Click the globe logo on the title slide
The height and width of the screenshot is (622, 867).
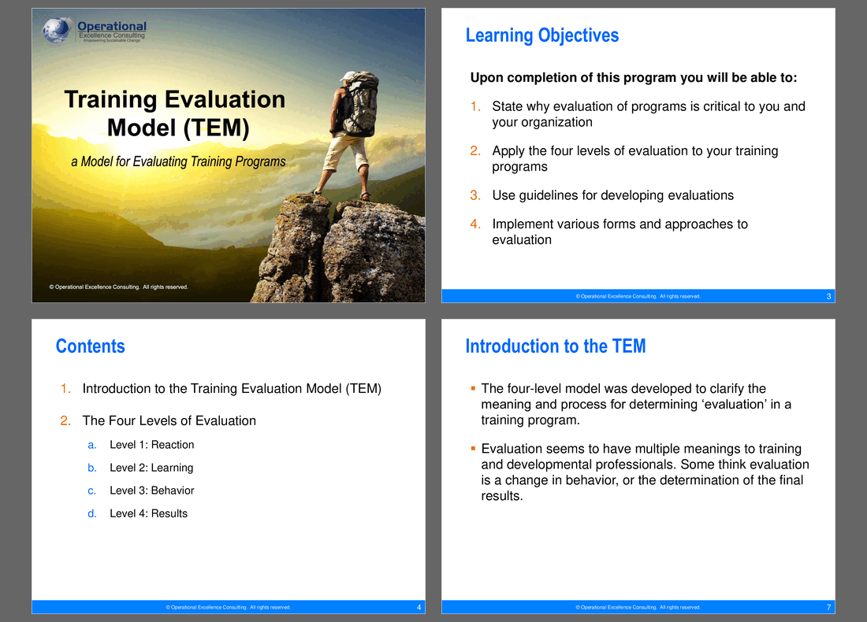(57, 30)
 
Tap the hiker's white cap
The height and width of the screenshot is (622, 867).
(348, 76)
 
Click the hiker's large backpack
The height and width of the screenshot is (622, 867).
(360, 104)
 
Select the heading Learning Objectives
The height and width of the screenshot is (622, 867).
(542, 35)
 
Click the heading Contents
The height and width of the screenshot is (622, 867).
(90, 346)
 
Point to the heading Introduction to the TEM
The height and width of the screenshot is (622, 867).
(555, 346)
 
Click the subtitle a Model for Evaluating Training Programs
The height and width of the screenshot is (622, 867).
(178, 161)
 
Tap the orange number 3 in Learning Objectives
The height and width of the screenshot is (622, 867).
(475, 195)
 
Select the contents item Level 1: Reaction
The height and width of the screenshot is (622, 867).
(151, 445)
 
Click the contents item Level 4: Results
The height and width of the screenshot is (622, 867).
(148, 513)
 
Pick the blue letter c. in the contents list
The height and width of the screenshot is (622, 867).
(91, 491)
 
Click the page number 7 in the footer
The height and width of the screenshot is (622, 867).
(828, 607)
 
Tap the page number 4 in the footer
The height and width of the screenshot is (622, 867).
(419, 607)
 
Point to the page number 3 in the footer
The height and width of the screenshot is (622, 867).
(828, 296)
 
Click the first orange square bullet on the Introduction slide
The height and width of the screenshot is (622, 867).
(473, 388)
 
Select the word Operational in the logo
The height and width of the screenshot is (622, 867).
(112, 26)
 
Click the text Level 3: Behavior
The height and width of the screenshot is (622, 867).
(151, 491)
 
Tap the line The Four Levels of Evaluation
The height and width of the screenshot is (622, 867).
(169, 421)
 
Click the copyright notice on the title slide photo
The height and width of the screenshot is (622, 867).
(118, 287)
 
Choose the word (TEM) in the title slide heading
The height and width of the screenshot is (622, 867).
(216, 128)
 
